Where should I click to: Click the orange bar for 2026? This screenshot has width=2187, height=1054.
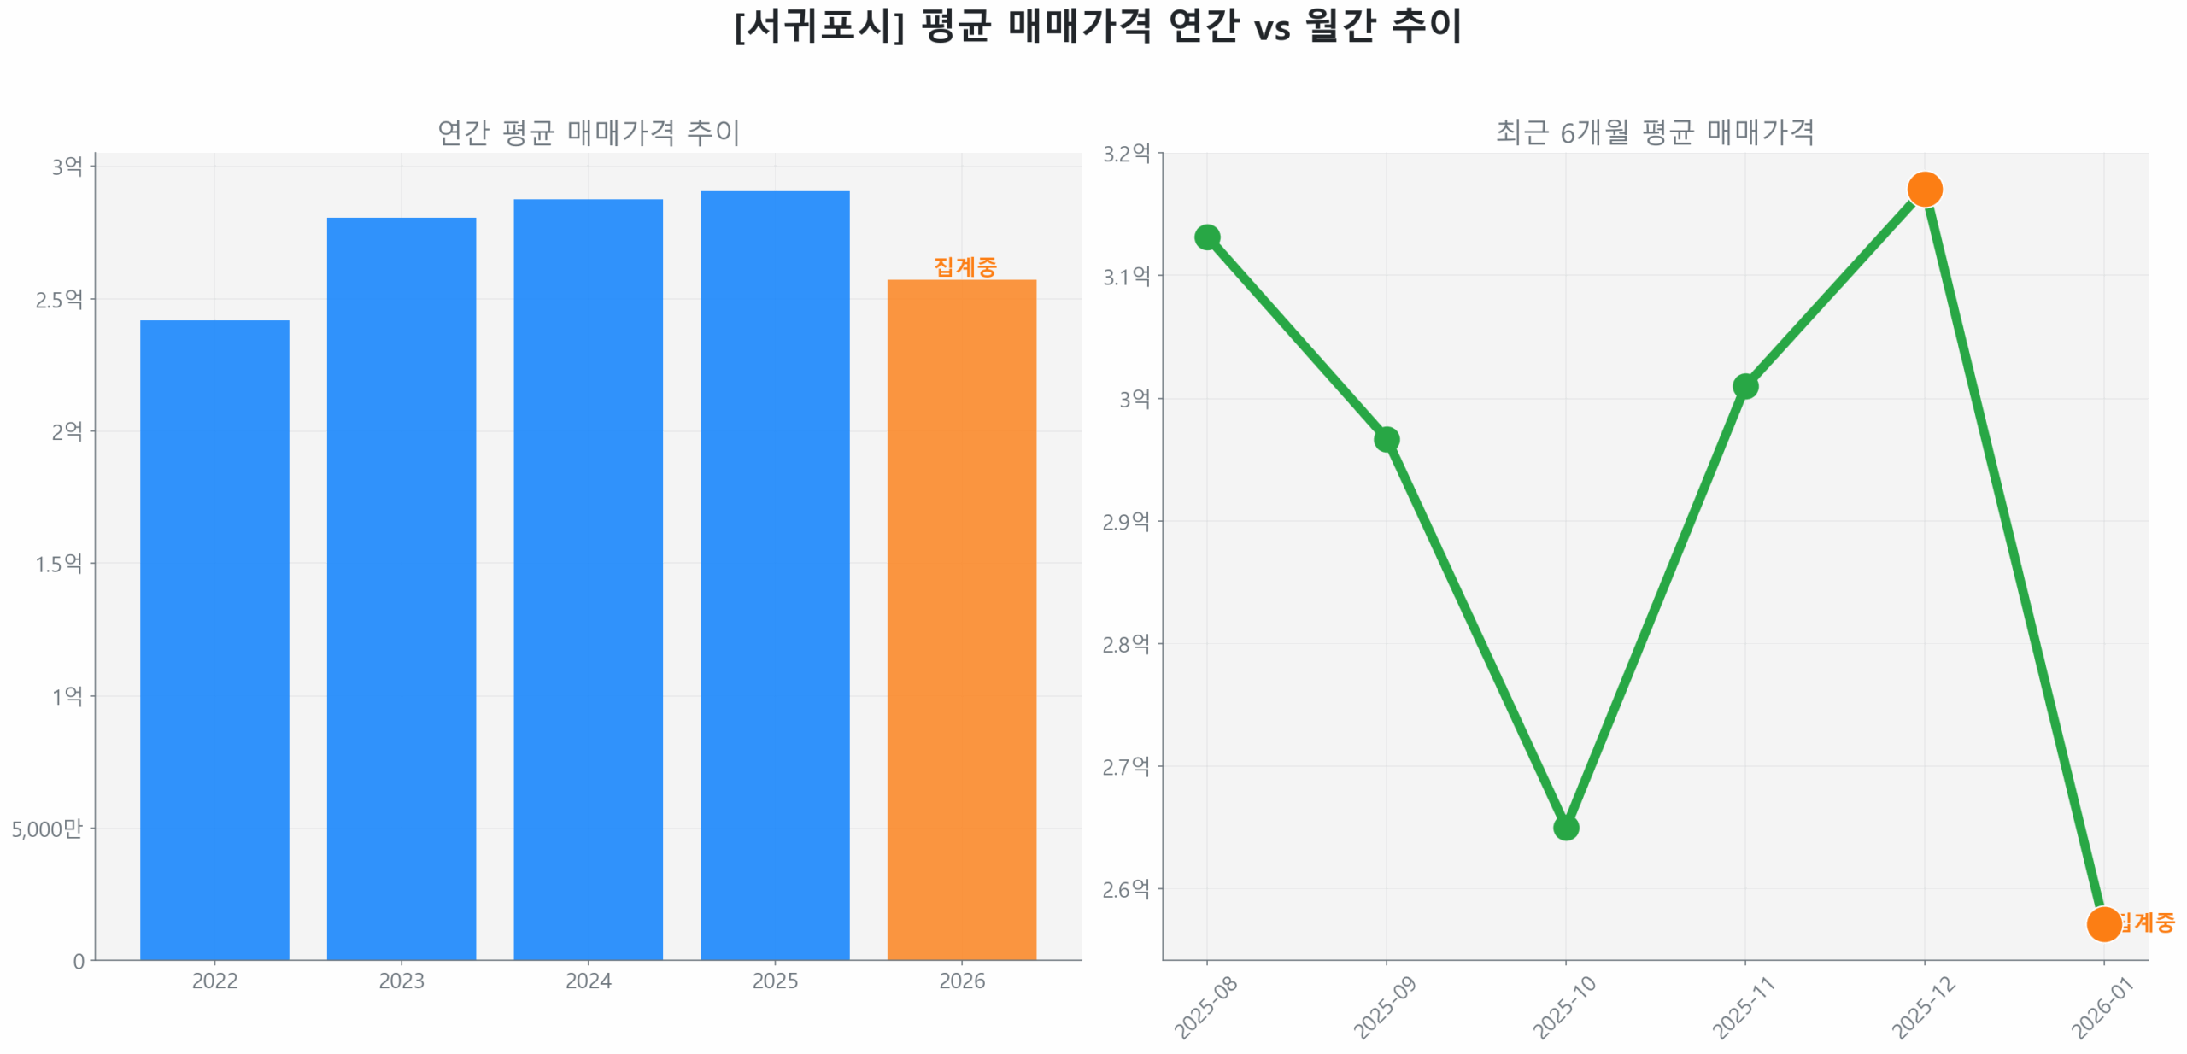point(961,618)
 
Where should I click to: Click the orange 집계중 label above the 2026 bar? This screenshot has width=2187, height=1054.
point(965,266)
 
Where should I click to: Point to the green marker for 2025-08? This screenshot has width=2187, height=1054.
point(1206,237)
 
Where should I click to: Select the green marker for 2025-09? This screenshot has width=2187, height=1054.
point(1386,439)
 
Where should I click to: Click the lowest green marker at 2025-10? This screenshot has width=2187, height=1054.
point(1565,827)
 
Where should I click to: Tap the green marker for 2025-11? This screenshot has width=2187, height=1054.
point(1744,386)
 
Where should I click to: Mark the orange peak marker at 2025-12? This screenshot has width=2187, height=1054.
point(1924,189)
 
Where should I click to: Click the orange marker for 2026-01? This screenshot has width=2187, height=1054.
point(2102,923)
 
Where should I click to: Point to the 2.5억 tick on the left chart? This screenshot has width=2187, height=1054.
point(59,299)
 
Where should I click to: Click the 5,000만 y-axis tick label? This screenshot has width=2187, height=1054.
point(47,828)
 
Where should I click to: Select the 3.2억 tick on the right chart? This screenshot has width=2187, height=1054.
point(1126,154)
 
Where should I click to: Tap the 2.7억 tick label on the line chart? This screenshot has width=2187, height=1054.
point(1126,766)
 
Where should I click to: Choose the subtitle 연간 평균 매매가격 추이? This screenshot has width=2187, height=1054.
point(588,132)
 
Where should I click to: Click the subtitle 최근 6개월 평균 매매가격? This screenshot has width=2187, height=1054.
point(1654,132)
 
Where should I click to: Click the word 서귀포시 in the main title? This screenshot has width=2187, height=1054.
point(818,26)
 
